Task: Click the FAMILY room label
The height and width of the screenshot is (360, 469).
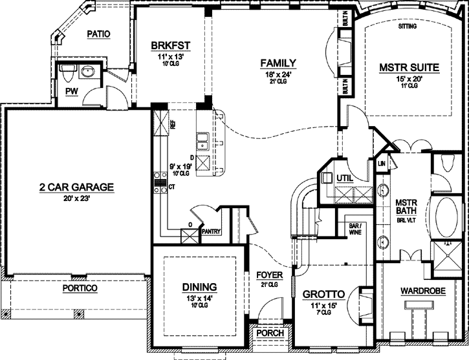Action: [278, 63]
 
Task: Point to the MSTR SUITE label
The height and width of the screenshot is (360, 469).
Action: [409, 67]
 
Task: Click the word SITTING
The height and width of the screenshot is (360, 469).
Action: [408, 26]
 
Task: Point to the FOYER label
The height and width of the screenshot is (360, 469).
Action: [268, 274]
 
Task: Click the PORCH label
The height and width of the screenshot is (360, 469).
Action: [270, 334]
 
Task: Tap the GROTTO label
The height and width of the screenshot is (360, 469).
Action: [324, 294]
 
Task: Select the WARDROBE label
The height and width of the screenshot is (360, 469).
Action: [423, 291]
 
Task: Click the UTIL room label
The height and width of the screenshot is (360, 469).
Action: [345, 178]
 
